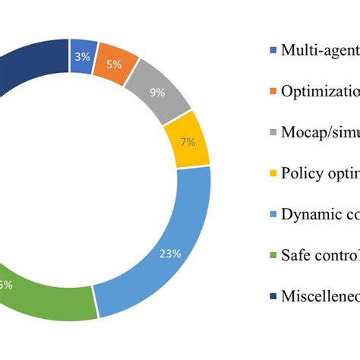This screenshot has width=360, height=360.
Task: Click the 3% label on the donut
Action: coord(81,57)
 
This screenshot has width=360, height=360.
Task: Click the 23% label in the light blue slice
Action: coord(169,254)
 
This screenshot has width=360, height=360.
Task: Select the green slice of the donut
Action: coord(46,296)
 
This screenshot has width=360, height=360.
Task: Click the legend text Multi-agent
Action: coord(320,51)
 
